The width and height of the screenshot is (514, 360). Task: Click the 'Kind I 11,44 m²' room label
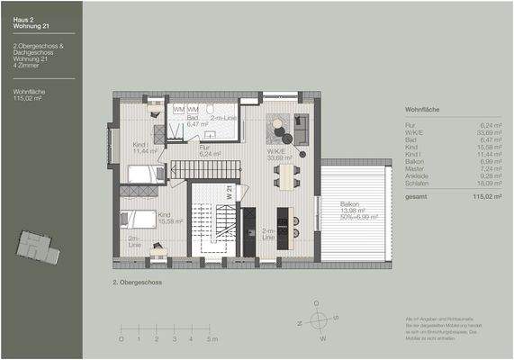pyautogui.click(x=144, y=148)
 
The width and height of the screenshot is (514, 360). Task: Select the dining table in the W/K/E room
pyautogui.click(x=288, y=175)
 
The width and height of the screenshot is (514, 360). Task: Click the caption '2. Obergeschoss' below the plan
pyautogui.click(x=133, y=281)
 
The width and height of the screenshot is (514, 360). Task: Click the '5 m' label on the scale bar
pyautogui.click(x=211, y=339)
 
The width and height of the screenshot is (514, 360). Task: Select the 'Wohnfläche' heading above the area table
pyautogui.click(x=422, y=109)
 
